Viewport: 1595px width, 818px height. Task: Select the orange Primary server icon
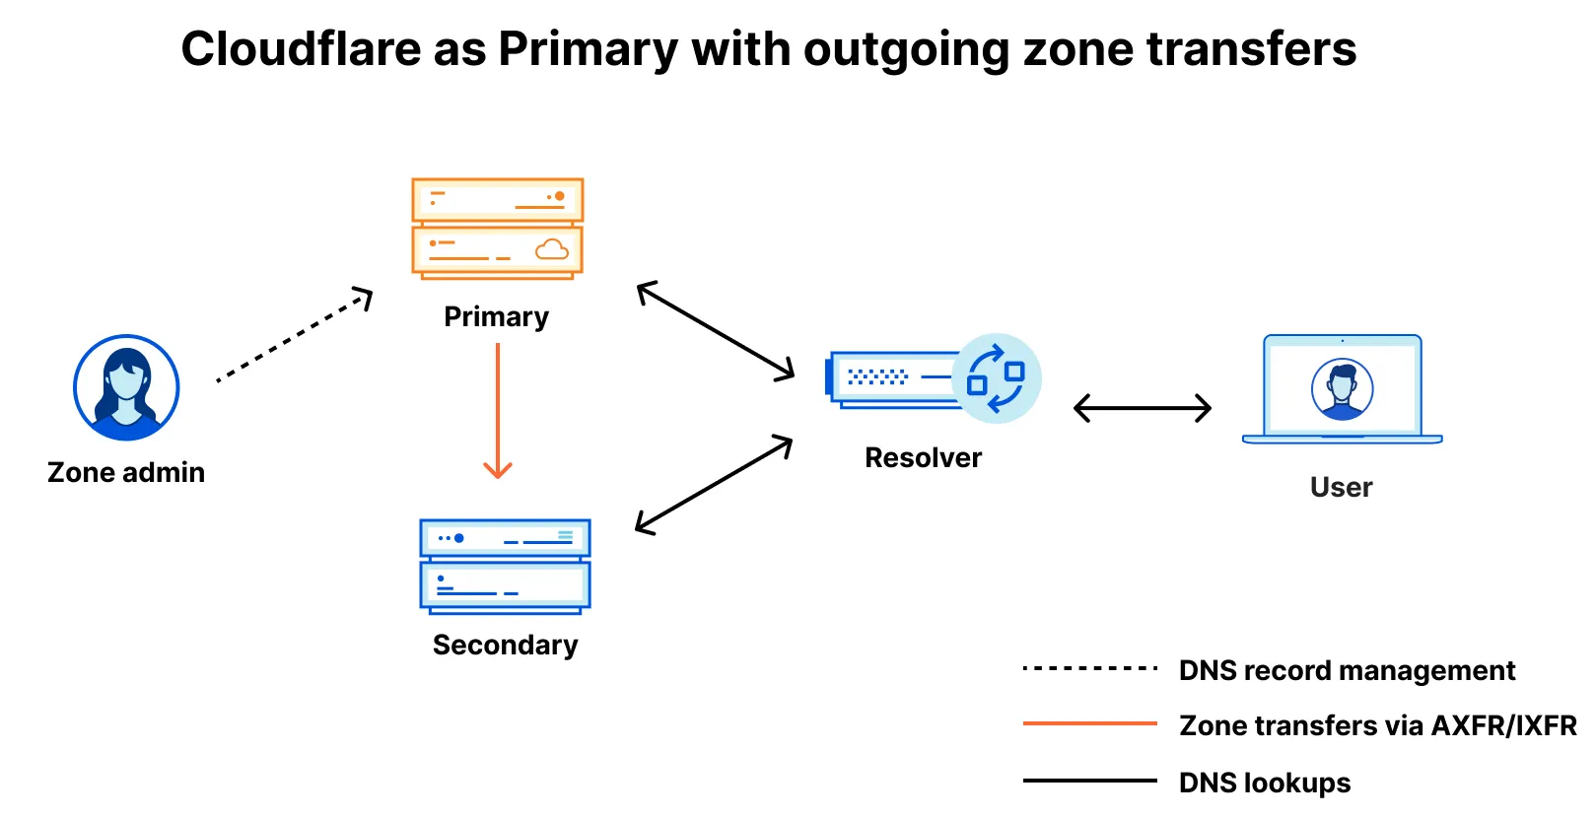497,229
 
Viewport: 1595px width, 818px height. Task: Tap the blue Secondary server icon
505,567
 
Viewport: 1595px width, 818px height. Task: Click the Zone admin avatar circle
126,387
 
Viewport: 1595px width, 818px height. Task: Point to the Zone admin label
126,473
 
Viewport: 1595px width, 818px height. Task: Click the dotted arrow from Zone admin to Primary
293,336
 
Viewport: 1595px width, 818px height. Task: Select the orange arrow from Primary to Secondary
498,410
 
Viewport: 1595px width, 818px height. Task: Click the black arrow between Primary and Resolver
716,330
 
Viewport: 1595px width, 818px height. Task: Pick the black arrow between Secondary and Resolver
715,485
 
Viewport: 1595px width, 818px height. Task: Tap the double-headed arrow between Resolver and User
1142,408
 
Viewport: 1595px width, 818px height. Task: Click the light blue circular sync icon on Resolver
997,378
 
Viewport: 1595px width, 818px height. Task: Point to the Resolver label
923,458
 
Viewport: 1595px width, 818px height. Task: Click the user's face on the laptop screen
1342,386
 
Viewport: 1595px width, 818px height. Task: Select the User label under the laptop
1341,488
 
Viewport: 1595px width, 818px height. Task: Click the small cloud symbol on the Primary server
552,249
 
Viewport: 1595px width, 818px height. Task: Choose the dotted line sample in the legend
1090,669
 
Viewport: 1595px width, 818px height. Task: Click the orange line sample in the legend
1090,724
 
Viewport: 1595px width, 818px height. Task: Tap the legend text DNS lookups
1265,784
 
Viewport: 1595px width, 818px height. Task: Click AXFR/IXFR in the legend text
1504,726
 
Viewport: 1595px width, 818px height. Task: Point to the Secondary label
505,646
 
